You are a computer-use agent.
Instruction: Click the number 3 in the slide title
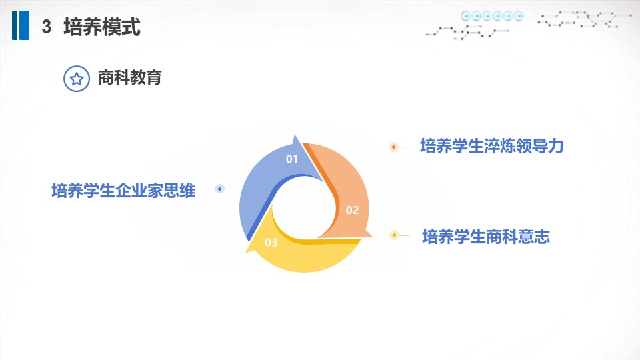[x=47, y=27]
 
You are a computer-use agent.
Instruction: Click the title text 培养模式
[x=102, y=27]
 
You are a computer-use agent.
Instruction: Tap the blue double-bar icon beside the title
[x=21, y=25]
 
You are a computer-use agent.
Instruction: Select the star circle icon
[x=76, y=79]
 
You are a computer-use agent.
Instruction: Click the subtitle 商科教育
[x=130, y=77]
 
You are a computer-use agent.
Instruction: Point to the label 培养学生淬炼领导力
[x=492, y=146]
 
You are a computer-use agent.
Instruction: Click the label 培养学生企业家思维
[x=123, y=191]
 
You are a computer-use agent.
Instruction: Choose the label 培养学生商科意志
[x=486, y=236]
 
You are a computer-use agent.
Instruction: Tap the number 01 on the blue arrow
[x=292, y=159]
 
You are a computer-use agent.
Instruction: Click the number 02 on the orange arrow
[x=352, y=210]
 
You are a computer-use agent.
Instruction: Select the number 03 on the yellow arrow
[x=271, y=243]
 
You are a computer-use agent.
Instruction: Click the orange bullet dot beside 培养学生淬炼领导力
[x=394, y=147]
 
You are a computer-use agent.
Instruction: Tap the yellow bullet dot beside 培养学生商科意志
[x=394, y=235]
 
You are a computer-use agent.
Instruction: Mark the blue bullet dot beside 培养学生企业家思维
[x=219, y=189]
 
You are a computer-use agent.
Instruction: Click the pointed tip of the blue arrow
[x=295, y=135]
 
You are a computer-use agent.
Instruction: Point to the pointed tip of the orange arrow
[x=371, y=236]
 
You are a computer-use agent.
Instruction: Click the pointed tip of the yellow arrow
[x=246, y=252]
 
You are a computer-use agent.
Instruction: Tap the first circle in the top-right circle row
[x=466, y=16]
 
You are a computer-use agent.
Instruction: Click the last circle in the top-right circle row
[x=519, y=16]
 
